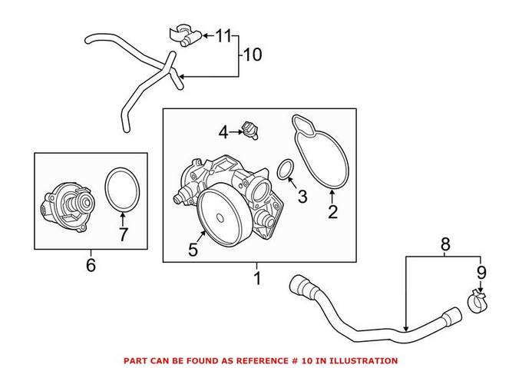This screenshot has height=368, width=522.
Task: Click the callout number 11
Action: [x=223, y=35]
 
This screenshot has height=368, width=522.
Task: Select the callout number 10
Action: [x=253, y=55]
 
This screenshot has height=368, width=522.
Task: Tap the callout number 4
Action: [x=223, y=133]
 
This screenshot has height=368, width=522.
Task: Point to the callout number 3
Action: [x=302, y=197]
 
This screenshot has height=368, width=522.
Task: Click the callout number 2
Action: [x=332, y=211]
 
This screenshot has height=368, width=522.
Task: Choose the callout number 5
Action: [x=193, y=249]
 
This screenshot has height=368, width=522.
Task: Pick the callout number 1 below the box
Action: [x=257, y=277]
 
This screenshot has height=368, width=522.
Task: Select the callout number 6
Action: [x=91, y=265]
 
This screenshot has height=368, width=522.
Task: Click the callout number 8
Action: [x=446, y=245]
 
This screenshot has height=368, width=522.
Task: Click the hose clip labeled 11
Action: [x=183, y=35]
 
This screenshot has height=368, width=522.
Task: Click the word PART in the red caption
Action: [x=135, y=360]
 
